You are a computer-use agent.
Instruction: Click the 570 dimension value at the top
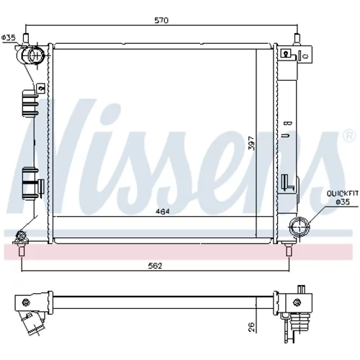point(161,20)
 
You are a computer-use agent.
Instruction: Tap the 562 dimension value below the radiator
point(155,266)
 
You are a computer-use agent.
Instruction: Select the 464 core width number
point(163,212)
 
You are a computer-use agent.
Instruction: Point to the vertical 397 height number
point(251,143)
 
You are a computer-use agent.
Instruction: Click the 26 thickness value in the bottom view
point(251,327)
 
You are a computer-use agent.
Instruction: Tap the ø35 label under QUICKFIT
point(343,202)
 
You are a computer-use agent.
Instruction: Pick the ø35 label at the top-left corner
point(9,37)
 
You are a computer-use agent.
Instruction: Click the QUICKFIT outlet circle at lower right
point(300,226)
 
